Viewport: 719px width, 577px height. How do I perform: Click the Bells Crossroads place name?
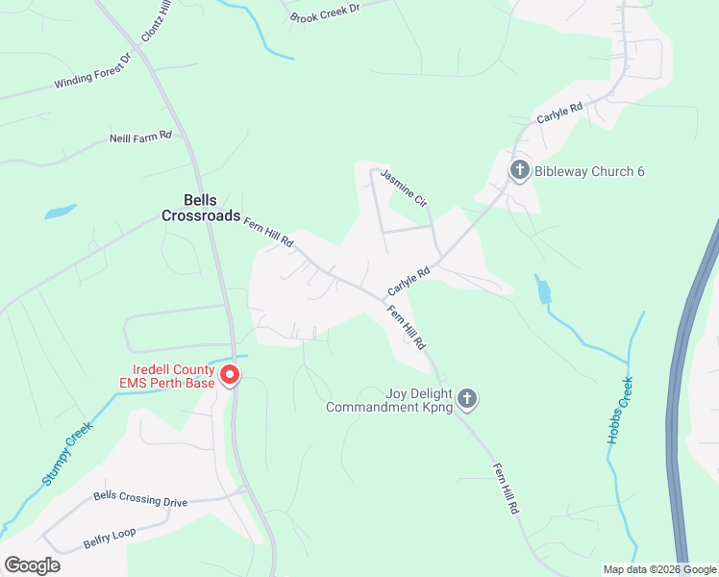[x=200, y=208]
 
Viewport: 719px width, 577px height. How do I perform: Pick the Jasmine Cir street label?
[x=403, y=188]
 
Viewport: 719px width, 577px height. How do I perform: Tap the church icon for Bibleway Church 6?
[x=519, y=171]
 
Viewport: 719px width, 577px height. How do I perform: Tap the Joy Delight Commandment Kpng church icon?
[x=467, y=398]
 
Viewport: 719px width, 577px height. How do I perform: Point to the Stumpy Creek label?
[x=65, y=452]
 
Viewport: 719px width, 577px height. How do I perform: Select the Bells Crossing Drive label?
[x=140, y=499]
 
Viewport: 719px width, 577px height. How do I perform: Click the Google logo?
[x=32, y=565]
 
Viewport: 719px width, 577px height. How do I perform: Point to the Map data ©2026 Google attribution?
[x=659, y=569]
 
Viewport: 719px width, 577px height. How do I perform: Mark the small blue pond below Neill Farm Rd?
[x=60, y=211]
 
